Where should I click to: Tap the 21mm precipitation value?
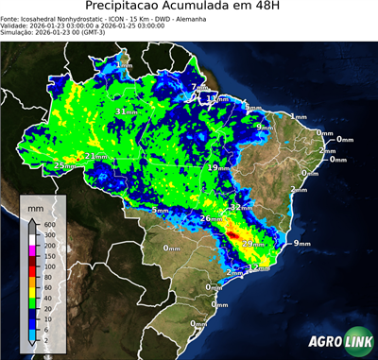pos(96,156)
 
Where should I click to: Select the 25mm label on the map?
pos(64,165)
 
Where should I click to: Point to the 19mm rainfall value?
pos(217,167)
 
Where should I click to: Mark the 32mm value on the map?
pos(242,207)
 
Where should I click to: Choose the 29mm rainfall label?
pos(252,244)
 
